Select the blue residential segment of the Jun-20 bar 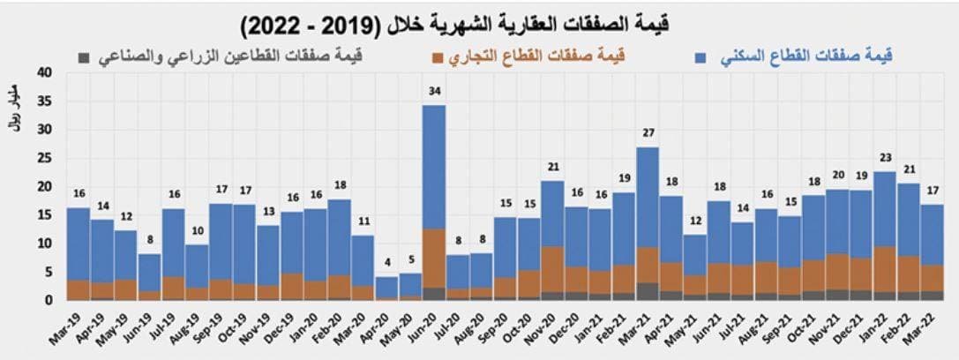click(433, 168)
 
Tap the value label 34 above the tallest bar click(433, 92)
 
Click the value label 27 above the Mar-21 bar click(648, 133)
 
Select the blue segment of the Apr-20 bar click(386, 287)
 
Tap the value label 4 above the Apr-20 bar click(386, 263)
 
